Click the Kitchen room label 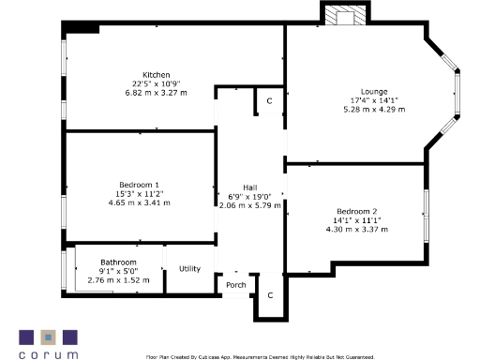pyautogui.click(x=156, y=74)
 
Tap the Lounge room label pyautogui.click(x=374, y=91)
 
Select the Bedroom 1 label pyautogui.click(x=139, y=185)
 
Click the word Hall pyautogui.click(x=249, y=187)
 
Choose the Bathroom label pyautogui.click(x=119, y=262)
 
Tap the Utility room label pyautogui.click(x=189, y=269)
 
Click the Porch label pyautogui.click(x=235, y=285)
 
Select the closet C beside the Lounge pyautogui.click(x=269, y=100)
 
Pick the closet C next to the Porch pyautogui.click(x=270, y=295)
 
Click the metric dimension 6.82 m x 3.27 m pyautogui.click(x=156, y=93)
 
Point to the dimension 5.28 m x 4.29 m pyautogui.click(x=374, y=110)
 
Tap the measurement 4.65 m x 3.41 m pyautogui.click(x=139, y=203)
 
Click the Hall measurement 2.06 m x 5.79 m pyautogui.click(x=249, y=205)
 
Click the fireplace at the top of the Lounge pyautogui.click(x=341, y=16)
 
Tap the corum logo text pyautogui.click(x=48, y=353)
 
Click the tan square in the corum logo pyautogui.click(x=48, y=336)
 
